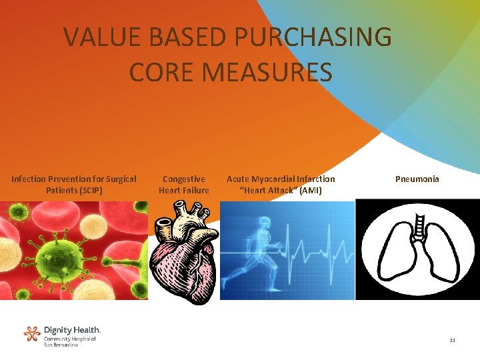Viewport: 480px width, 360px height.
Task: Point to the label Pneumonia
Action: coord(417,179)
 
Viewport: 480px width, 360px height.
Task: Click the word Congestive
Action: coord(183,179)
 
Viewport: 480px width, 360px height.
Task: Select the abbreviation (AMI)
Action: coord(311,190)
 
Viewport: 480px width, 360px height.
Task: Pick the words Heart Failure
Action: coord(183,190)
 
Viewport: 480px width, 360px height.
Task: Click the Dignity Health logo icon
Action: coord(32,333)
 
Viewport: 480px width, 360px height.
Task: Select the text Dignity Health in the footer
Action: coord(72,330)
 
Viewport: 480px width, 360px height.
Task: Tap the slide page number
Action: coord(452,340)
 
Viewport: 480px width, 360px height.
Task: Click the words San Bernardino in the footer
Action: coord(61,345)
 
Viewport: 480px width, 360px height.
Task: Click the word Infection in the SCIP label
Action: coord(29,179)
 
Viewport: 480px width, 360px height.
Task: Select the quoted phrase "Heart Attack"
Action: coord(269,190)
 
